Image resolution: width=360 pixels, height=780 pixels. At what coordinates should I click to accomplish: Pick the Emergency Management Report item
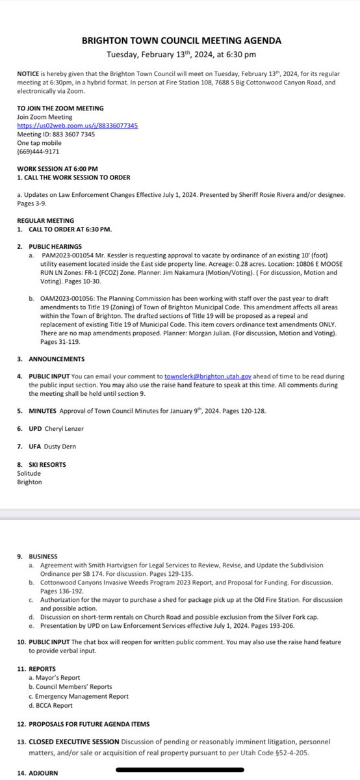[79, 695]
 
